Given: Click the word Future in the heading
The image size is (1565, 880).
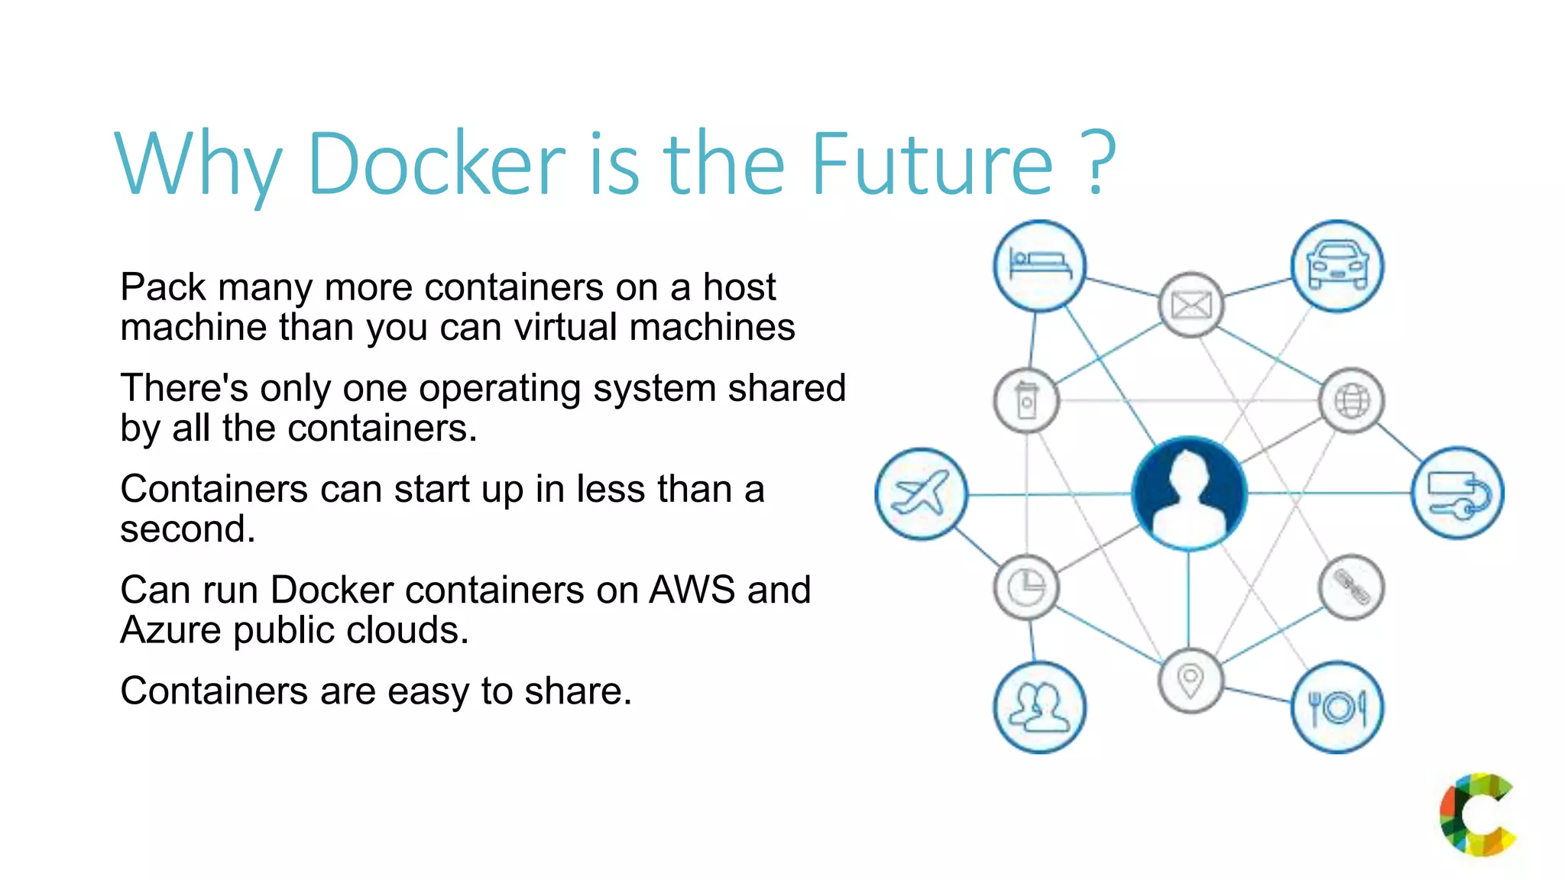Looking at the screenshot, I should coord(932,164).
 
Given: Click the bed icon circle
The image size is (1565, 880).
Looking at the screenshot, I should coord(1039,266).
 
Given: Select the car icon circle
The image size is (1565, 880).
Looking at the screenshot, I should coord(1337,266).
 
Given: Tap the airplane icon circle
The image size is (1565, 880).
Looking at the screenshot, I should coord(921,493).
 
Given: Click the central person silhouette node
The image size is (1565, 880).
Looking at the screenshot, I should coord(1188,493).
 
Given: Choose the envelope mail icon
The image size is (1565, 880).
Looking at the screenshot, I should coord(1191,306).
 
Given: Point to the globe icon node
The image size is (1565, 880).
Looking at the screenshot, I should coord(1351,400).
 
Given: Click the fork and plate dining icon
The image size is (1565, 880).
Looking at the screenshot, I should coord(1337,707).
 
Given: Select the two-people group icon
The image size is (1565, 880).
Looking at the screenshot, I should coord(1039,707).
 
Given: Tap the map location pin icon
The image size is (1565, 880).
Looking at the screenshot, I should coord(1191,680).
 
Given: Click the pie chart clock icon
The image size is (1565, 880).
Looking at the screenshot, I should coord(1026,587).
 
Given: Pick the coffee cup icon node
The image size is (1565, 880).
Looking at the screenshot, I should coord(1026,400).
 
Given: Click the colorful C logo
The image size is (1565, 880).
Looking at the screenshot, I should coord(1478,814).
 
